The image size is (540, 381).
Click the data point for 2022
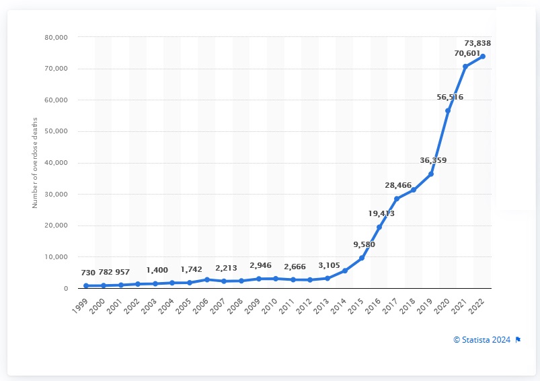482,57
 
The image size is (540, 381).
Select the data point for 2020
448,110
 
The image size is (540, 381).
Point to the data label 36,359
432,160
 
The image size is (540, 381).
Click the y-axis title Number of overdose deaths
35,162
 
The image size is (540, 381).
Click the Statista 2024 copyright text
481,339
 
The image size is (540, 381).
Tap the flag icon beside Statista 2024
518,339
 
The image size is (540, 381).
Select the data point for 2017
397,199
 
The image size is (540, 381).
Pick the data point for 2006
207,279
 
